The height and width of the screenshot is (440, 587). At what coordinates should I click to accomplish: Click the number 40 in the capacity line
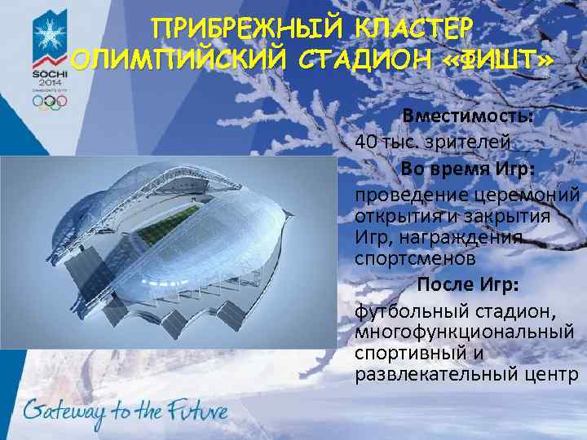[x=366, y=141]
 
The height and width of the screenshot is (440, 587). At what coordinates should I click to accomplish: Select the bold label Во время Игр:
[x=467, y=168]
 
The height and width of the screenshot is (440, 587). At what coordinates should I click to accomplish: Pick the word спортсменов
[x=413, y=258]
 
